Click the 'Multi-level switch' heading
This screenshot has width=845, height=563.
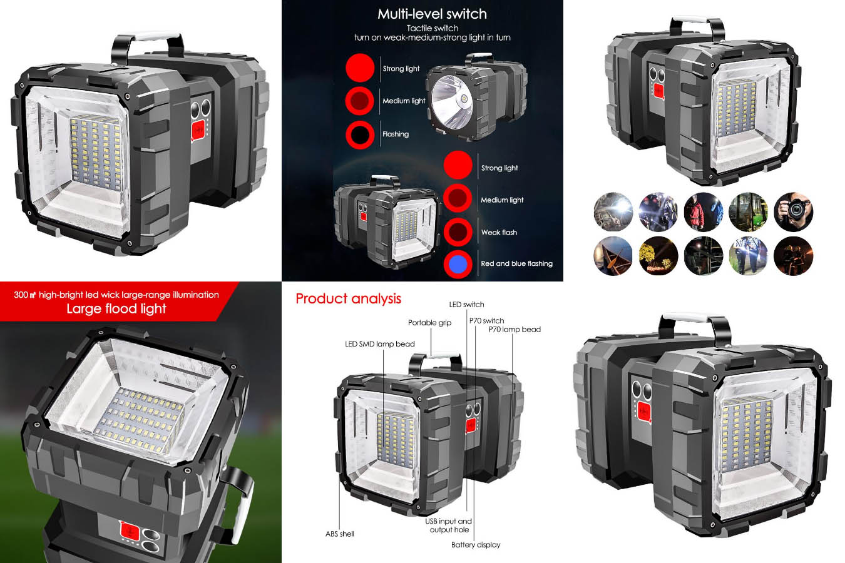(432, 14)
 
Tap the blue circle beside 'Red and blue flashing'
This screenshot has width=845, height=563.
(458, 264)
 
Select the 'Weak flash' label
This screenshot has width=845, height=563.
(499, 232)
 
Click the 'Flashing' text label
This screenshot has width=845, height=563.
(396, 134)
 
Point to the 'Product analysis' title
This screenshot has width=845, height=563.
(348, 298)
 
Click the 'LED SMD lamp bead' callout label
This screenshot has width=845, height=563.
(380, 344)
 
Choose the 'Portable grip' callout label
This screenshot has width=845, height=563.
(429, 323)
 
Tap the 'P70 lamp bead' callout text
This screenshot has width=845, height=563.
(515, 330)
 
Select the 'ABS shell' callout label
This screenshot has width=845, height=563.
(339, 534)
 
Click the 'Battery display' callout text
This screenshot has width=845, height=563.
(476, 545)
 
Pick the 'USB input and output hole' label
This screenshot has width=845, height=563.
(449, 525)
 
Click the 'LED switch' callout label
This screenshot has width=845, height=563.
(466, 304)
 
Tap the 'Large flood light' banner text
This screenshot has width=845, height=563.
(116, 309)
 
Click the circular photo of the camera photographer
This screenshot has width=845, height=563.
(793, 212)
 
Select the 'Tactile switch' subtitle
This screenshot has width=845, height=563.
(433, 28)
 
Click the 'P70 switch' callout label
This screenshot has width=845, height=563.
(486, 320)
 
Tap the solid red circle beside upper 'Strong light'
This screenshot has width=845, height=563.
(360, 68)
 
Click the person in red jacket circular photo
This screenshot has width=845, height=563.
(703, 212)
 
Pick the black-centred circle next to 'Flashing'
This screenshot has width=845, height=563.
(360, 134)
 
